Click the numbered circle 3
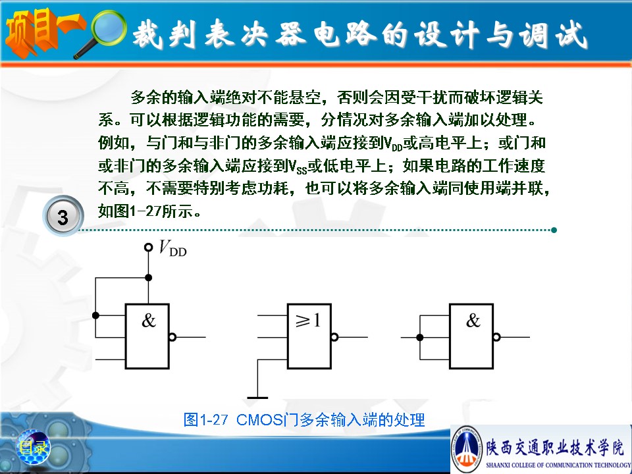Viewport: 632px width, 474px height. point(63,217)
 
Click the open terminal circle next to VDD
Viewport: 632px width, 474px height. point(148,247)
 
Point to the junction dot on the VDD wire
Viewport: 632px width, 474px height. point(148,277)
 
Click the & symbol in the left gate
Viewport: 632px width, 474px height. point(148,321)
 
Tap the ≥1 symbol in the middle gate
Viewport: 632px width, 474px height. point(308,321)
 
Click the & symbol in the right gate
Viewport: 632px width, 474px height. point(473,321)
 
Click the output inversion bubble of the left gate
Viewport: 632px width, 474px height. point(172,337)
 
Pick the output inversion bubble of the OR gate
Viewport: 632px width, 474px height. point(334,337)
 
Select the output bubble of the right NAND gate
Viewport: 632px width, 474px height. point(496,337)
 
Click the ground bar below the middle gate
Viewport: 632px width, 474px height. point(257,398)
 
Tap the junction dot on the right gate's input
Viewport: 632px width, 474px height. point(419,337)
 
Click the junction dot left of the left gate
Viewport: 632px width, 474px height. point(95,315)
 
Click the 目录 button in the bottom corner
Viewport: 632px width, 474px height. point(34,447)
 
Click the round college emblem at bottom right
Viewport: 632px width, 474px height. point(466,448)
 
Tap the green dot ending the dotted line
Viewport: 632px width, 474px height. point(554,230)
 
